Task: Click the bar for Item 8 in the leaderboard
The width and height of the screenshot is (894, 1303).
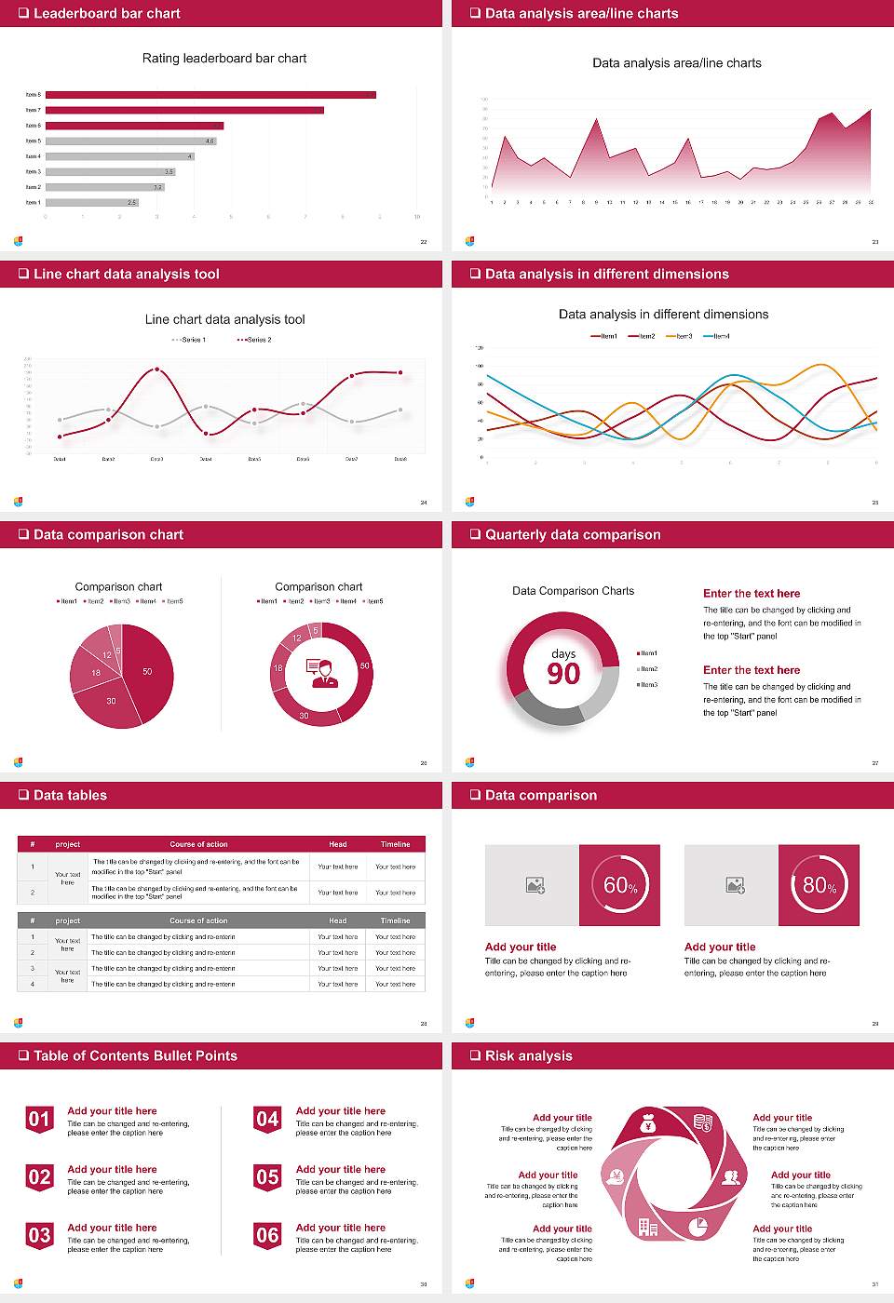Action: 210,95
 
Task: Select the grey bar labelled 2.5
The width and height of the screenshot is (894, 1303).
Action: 91,202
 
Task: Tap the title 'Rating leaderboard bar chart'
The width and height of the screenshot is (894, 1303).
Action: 224,59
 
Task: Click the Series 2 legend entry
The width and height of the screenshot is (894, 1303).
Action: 254,340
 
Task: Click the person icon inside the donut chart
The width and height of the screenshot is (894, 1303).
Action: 322,673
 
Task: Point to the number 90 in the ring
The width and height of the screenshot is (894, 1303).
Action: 563,674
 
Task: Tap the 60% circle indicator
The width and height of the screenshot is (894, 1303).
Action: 620,885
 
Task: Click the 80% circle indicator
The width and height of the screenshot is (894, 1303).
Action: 819,885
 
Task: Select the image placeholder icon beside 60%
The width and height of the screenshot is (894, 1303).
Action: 535,885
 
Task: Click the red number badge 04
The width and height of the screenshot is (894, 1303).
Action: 267,1120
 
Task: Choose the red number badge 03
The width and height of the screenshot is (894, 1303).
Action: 39,1236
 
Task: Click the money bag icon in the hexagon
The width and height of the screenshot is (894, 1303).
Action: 649,1124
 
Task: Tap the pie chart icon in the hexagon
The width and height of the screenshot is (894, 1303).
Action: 698,1227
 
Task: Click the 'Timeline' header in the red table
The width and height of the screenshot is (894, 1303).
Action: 395,844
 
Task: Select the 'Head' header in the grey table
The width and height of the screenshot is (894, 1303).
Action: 337,920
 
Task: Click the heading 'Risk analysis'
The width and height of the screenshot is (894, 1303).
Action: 528,1055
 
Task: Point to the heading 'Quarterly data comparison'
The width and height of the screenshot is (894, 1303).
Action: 573,534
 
